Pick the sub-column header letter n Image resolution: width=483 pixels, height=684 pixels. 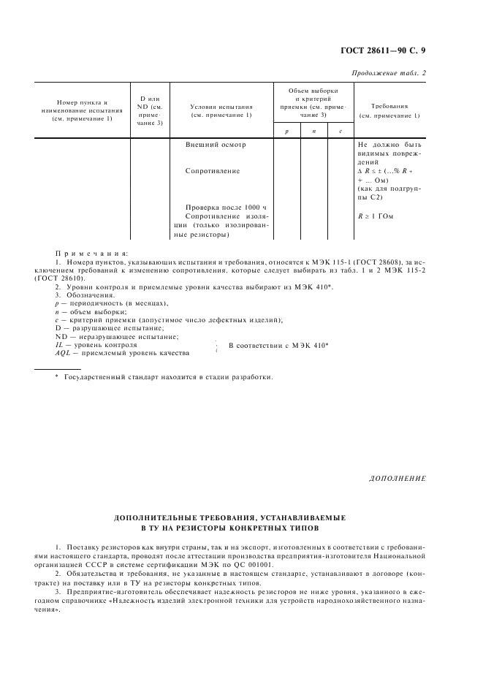tap(313, 130)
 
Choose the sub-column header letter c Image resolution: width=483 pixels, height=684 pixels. tap(340, 130)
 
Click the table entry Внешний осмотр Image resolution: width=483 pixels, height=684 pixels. tap(216, 145)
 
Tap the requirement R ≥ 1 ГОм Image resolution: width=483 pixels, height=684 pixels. tap(376, 216)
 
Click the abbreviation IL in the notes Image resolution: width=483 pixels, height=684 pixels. tap(60, 344)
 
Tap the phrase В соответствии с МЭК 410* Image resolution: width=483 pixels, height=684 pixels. tap(278, 345)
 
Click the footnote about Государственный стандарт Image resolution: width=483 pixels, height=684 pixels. tap(168, 377)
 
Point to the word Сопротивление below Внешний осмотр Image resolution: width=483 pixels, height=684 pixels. tap(213, 171)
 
